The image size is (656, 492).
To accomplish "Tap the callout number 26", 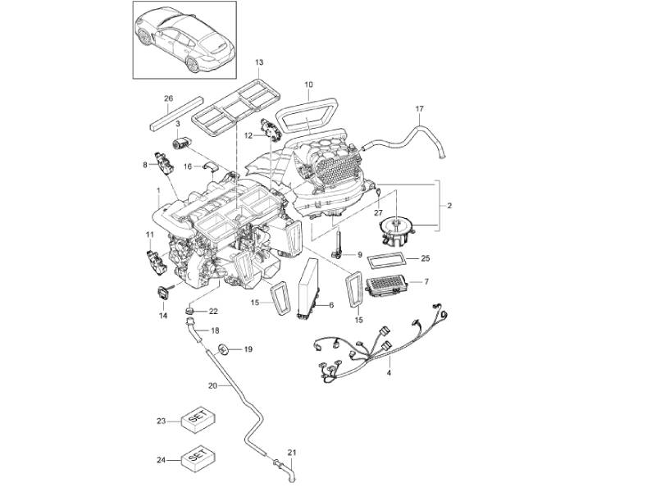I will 168,99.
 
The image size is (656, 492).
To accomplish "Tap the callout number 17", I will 421,108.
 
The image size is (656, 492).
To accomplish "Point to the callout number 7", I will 426,283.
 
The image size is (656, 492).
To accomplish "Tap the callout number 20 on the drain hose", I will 212,385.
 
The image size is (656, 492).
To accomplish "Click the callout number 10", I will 309,84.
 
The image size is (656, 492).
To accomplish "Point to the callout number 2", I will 448,204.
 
